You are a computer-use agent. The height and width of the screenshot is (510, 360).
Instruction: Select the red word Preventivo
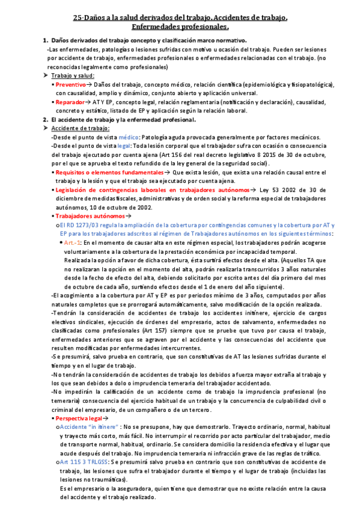(71, 85)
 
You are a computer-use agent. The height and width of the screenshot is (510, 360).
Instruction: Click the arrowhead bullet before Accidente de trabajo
(37, 129)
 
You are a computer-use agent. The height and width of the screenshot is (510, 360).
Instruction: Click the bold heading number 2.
(37, 120)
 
